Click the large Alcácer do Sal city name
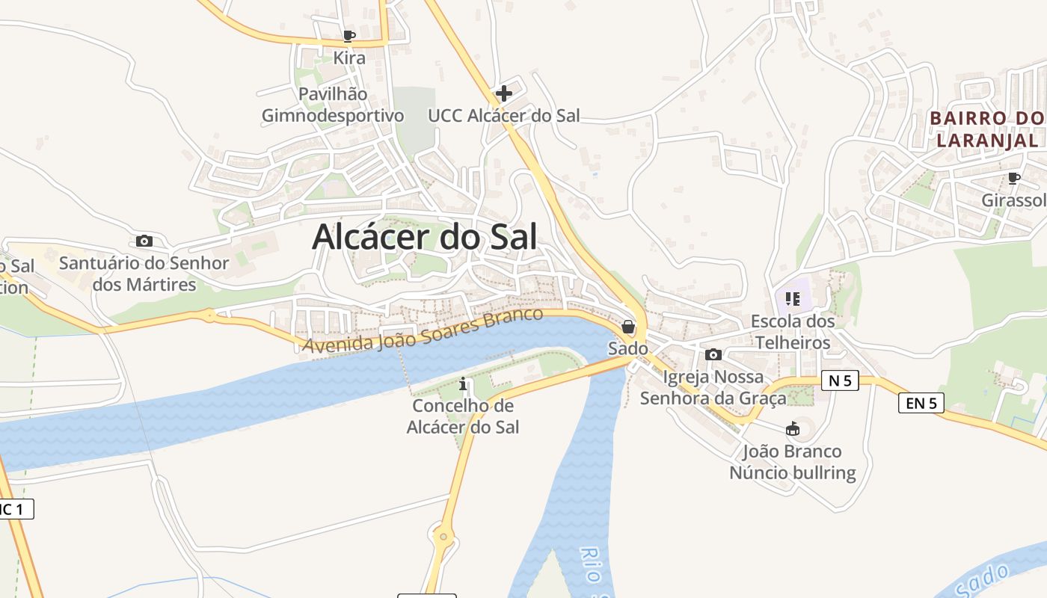424,237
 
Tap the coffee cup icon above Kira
349,36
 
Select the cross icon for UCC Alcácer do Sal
504,94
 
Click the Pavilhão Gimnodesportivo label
333,105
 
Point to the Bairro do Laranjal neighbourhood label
987,129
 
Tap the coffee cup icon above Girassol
1014,178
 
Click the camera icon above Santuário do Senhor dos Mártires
144,241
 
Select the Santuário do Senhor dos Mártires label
144,274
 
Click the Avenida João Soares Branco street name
423,330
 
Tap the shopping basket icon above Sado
628,327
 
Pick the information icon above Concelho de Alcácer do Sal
463,385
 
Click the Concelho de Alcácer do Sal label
463,416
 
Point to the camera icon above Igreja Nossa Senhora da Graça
713,354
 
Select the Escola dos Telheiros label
793,332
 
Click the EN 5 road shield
921,404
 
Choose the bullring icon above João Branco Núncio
793,429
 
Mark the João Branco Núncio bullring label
793,462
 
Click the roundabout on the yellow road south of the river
443,535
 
